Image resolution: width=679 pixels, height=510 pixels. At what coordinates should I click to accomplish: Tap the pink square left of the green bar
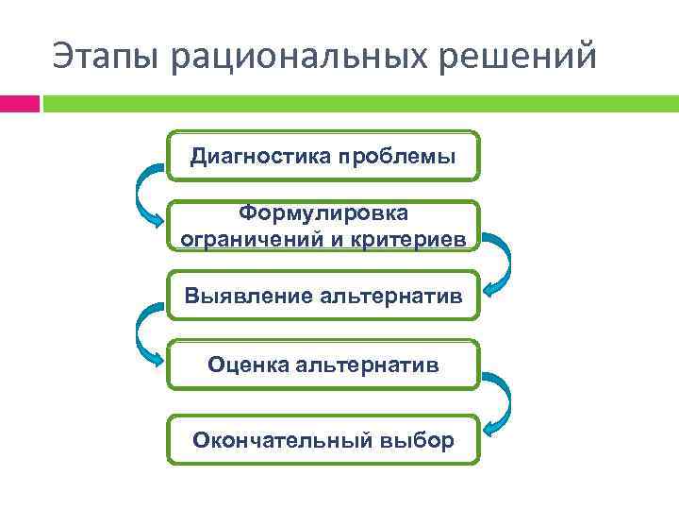click(19, 103)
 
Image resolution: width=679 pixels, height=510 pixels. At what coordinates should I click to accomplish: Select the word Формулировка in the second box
click(323, 214)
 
